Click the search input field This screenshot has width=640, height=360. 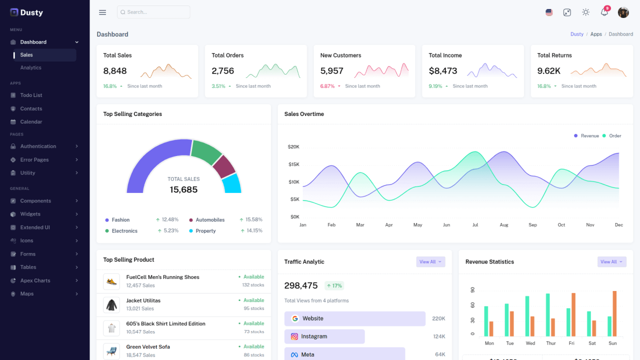[x=153, y=12]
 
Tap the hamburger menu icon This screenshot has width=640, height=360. [x=102, y=12]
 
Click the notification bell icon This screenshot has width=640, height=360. [x=604, y=12]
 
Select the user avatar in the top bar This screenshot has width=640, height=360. [x=623, y=12]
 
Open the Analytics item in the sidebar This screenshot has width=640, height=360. [x=30, y=67]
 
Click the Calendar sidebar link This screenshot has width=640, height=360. [x=31, y=122]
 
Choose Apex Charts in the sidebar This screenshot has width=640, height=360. [x=35, y=280]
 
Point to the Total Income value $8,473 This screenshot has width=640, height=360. [x=443, y=71]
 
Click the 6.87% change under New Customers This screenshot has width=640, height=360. [x=327, y=86]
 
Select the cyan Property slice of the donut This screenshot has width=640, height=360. [x=232, y=183]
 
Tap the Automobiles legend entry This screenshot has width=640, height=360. [x=210, y=220]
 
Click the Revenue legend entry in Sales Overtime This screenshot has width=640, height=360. [x=589, y=136]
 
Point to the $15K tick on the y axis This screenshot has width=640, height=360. [x=293, y=164]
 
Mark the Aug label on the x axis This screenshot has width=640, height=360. [x=504, y=225]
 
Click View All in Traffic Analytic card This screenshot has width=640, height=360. [x=430, y=262]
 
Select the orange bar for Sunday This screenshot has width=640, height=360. [x=614, y=313]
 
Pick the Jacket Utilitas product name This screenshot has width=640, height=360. [x=143, y=300]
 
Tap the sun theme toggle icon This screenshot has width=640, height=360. [x=585, y=12]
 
